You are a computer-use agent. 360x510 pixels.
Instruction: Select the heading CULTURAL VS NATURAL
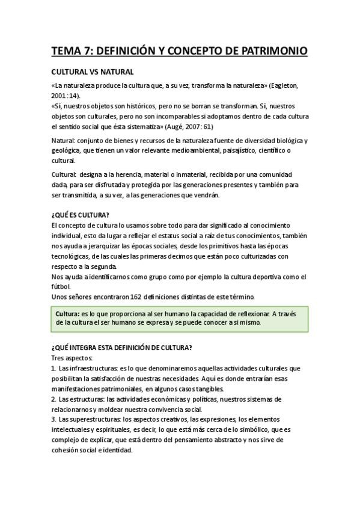(88, 71)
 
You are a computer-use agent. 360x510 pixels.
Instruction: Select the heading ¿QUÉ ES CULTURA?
(81, 215)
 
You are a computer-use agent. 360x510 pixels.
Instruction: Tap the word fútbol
(61, 286)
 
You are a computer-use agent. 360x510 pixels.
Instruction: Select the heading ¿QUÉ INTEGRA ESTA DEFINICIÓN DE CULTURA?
(121, 348)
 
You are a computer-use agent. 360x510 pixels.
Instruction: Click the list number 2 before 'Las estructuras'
(53, 399)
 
